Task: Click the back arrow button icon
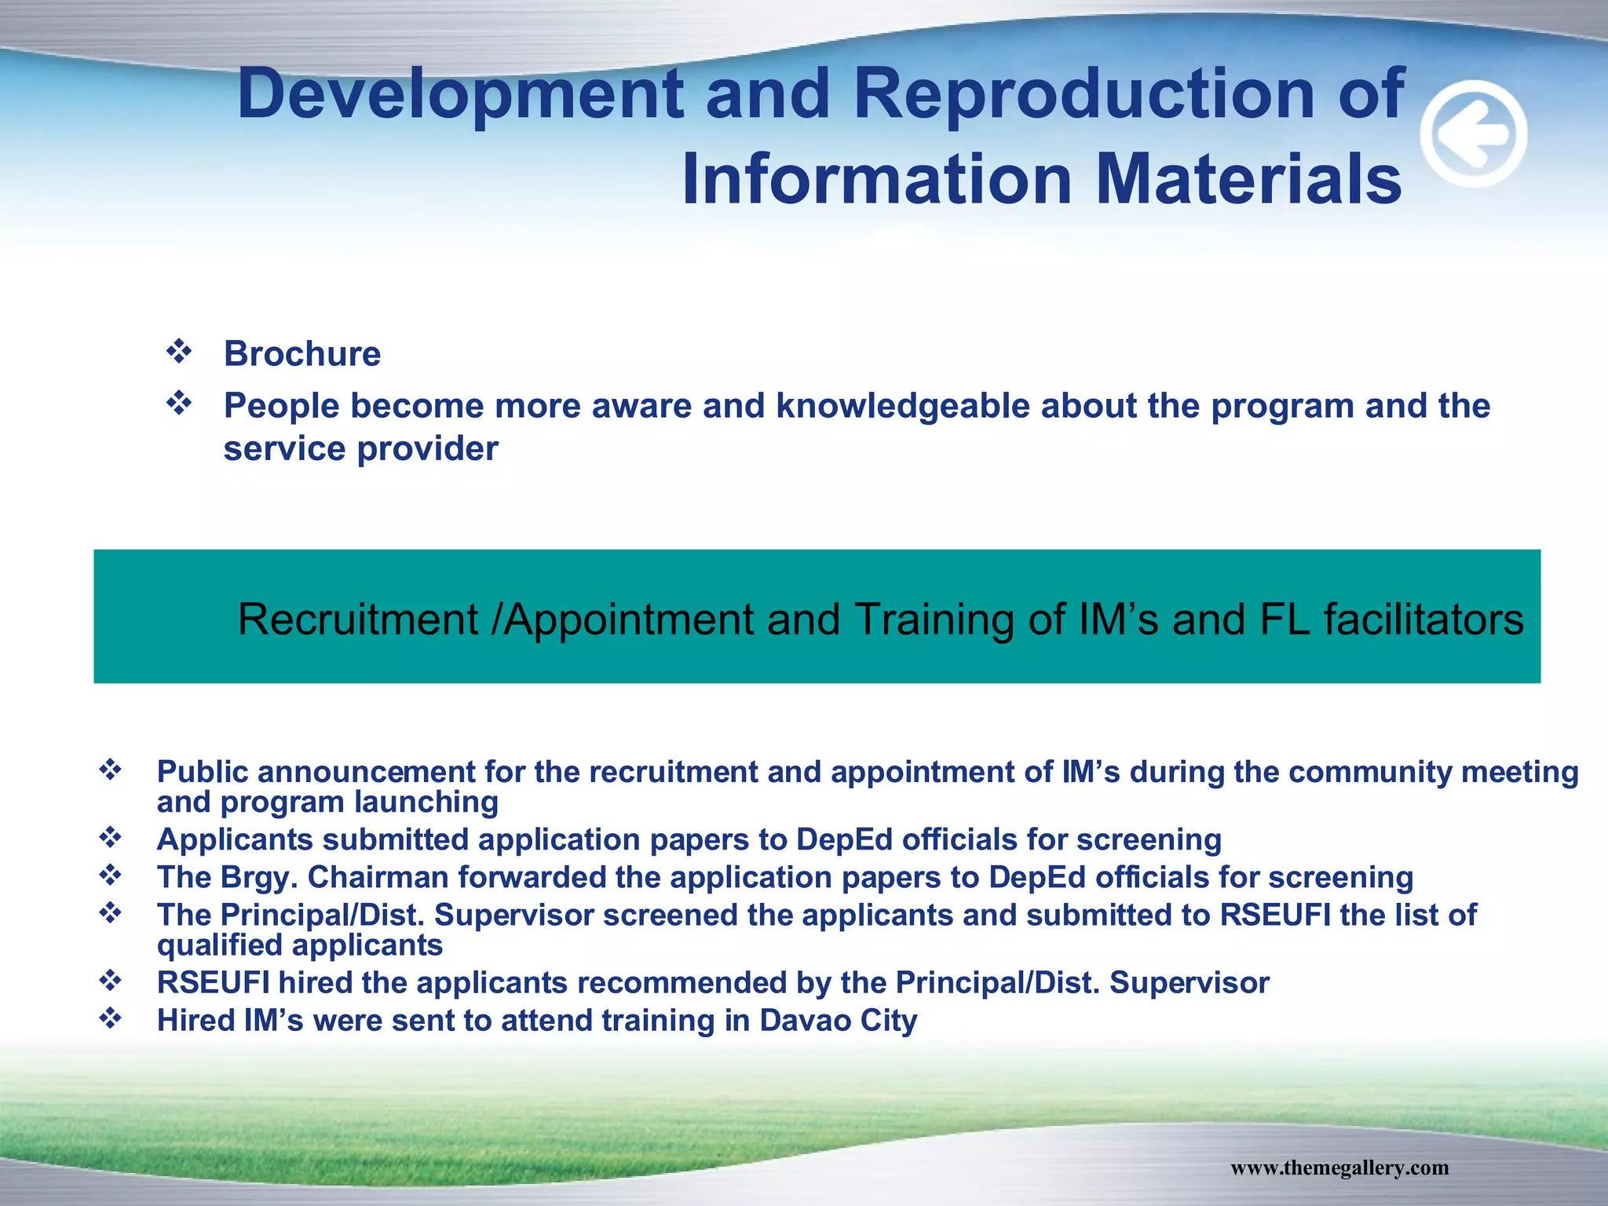[x=1474, y=134]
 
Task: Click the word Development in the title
[x=460, y=94]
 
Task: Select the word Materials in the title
[x=1248, y=180]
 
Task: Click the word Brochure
[x=302, y=354]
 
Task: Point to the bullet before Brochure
[x=179, y=351]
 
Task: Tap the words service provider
[x=360, y=449]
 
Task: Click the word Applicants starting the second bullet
[x=235, y=840]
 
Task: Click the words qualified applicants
[x=300, y=945]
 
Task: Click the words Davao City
[x=838, y=1021]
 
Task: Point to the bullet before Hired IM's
[x=110, y=1018]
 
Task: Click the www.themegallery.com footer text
[x=1339, y=1168]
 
